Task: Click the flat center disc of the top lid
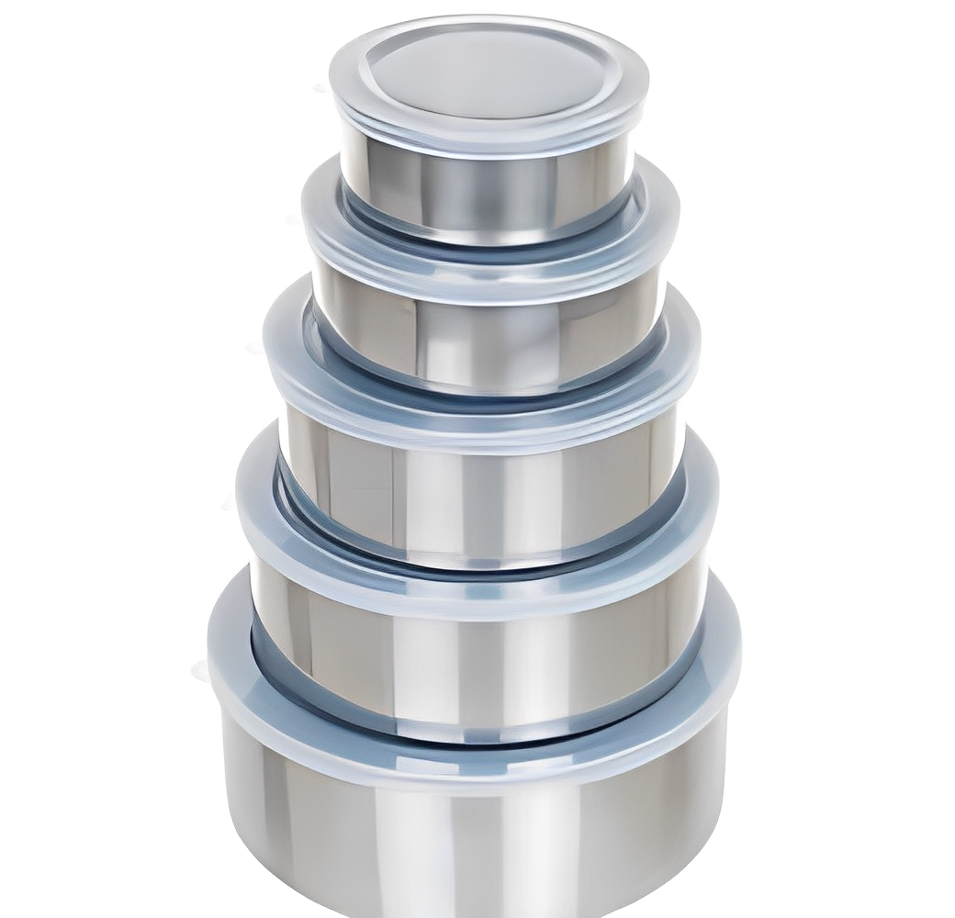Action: click(487, 73)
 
